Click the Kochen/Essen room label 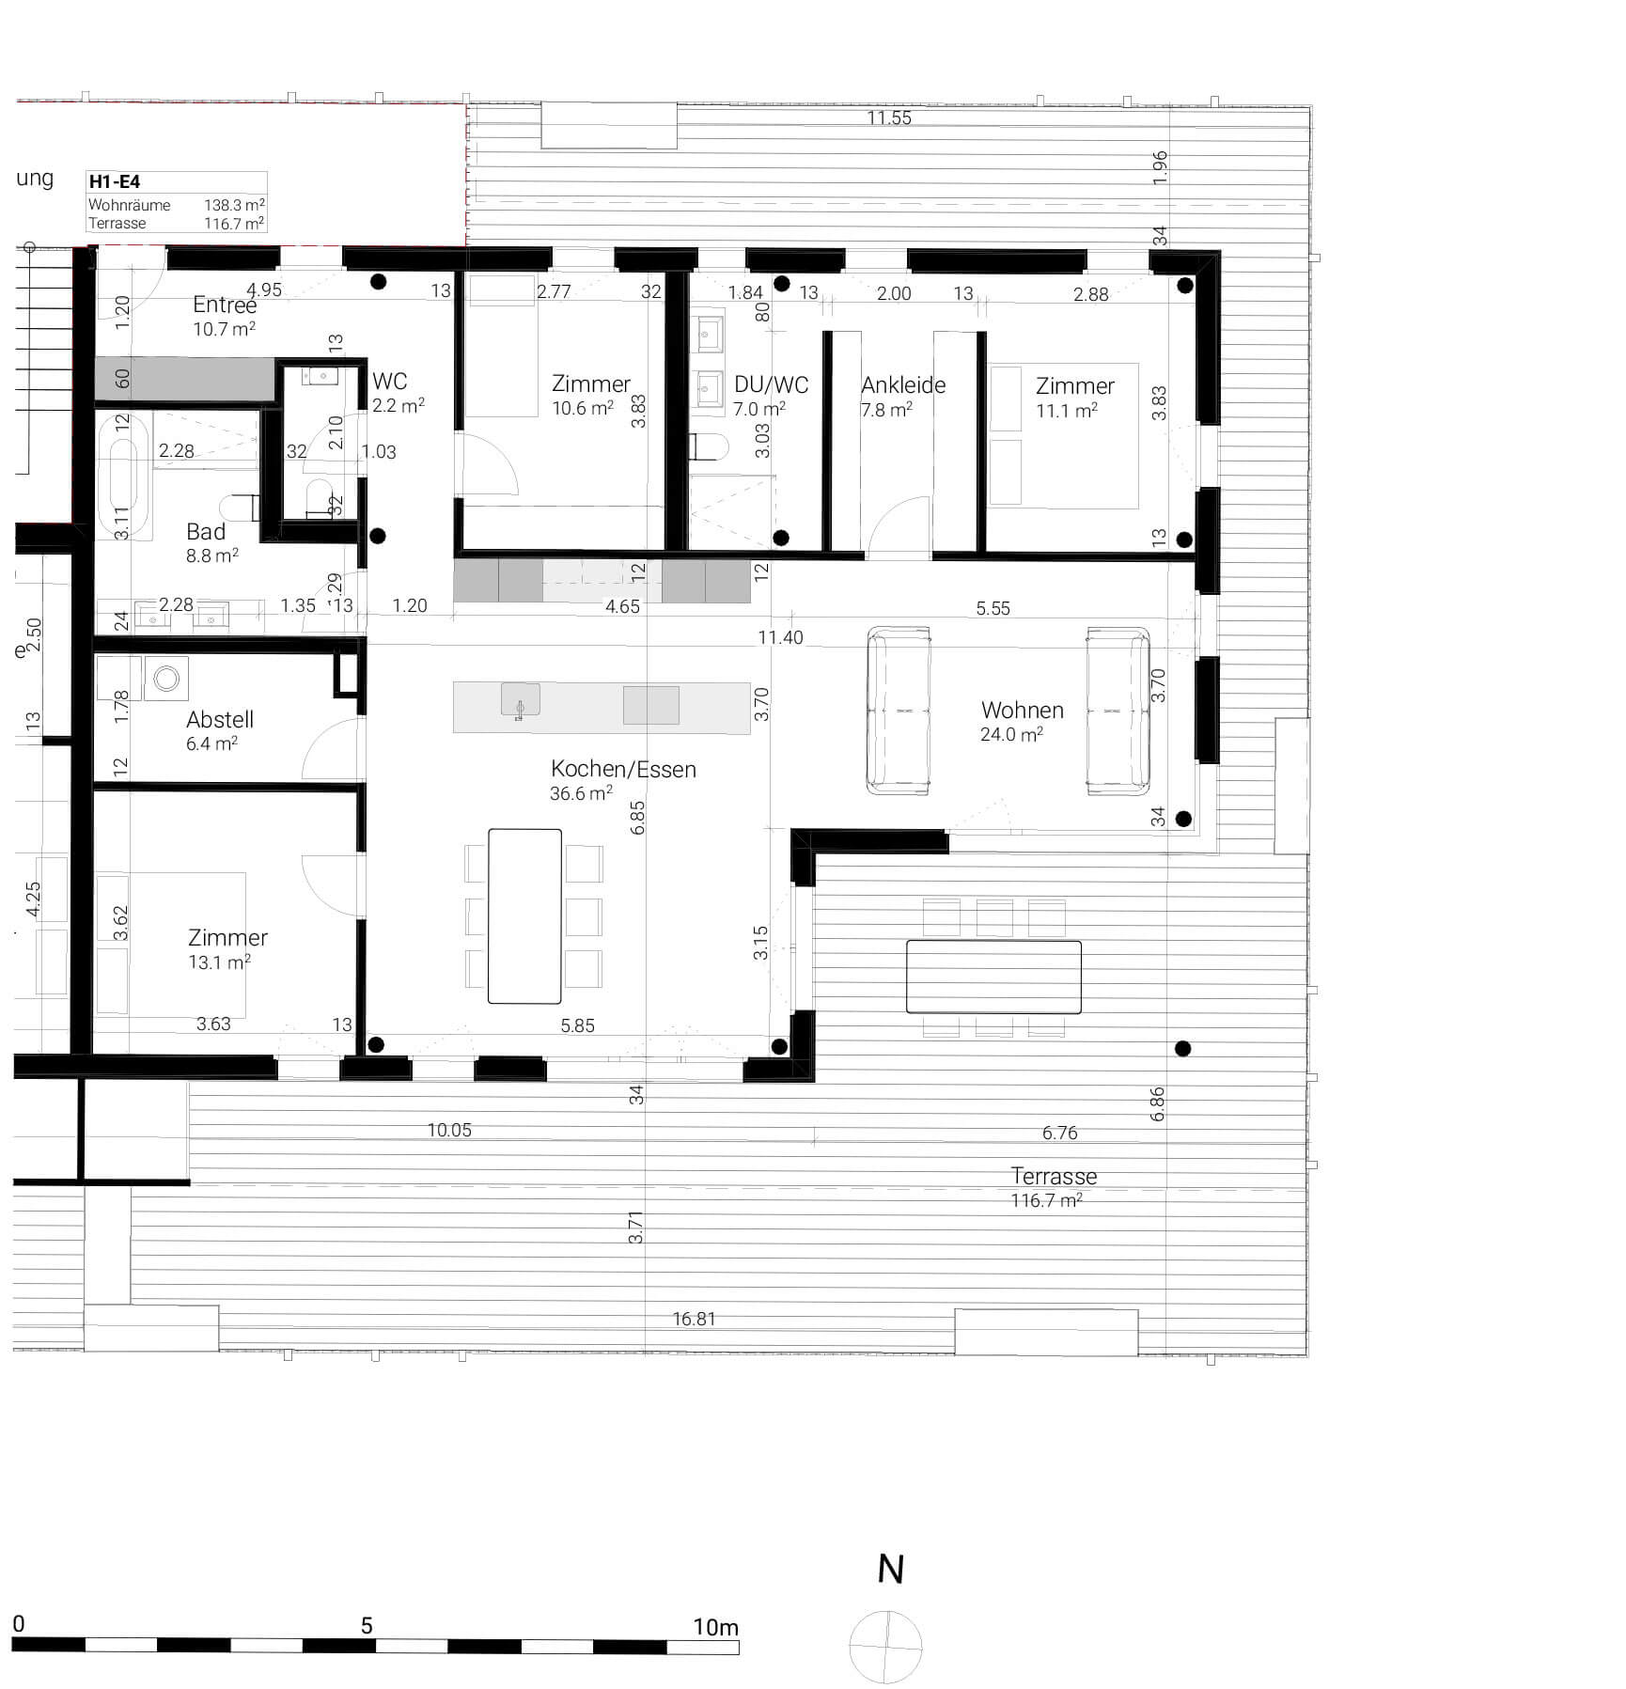tap(623, 769)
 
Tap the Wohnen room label tap(1022, 710)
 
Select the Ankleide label tap(902, 384)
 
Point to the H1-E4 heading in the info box tap(115, 181)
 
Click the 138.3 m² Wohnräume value tap(233, 204)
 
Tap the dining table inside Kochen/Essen tap(524, 915)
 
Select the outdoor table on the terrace tap(993, 976)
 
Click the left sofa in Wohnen tap(899, 712)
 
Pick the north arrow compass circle tap(885, 1647)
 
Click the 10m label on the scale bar tap(715, 1627)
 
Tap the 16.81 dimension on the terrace tap(694, 1319)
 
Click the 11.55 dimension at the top tap(888, 117)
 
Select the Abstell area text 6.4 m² tap(211, 743)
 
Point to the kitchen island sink tap(520, 701)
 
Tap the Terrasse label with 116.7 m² tap(1053, 1177)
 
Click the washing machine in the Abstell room tap(167, 678)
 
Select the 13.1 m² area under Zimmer tap(219, 962)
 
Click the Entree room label tap(224, 305)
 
